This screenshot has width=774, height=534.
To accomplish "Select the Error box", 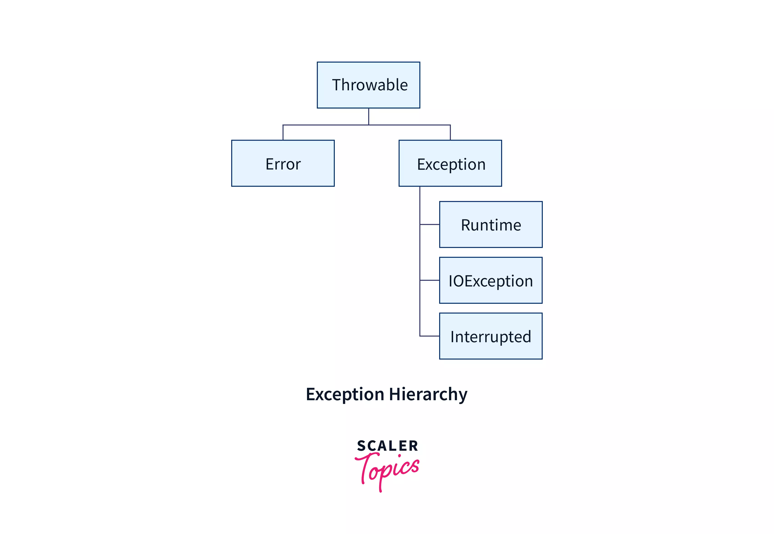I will point(283,163).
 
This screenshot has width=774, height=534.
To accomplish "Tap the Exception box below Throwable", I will point(450,163).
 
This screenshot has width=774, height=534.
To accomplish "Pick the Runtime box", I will point(491,225).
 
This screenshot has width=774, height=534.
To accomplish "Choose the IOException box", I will point(491,280).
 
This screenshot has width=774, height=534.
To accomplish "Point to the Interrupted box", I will point(491,336).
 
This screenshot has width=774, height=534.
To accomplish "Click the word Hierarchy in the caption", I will point(428,394).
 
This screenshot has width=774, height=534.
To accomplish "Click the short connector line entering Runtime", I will point(429,225).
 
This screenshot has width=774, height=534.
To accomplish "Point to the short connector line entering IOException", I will point(429,280).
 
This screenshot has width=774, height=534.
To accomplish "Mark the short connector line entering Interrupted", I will point(429,336).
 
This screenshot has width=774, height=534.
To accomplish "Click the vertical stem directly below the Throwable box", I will point(368,116).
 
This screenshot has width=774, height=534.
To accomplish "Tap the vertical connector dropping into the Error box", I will point(283,132).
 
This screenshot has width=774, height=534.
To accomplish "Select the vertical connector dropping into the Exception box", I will point(450,132).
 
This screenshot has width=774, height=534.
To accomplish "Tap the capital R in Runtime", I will point(466,225).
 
